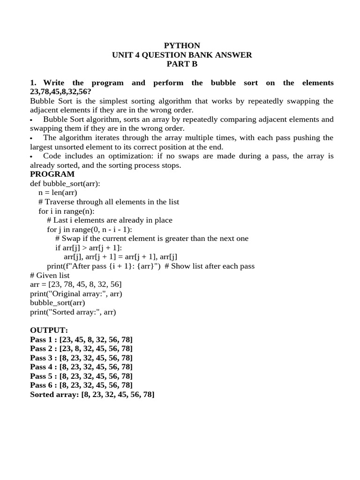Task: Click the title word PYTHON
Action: point(182,45)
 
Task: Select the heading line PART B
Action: point(182,64)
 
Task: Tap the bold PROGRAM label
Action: point(52,174)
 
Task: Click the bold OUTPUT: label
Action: point(49,330)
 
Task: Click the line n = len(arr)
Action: point(58,193)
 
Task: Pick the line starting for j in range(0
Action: point(90,229)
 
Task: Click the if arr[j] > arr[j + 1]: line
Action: point(89,247)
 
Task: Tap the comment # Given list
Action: point(50,275)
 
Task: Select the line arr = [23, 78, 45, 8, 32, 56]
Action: point(76,284)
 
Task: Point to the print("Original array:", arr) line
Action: point(76,293)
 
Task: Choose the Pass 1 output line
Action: point(81,339)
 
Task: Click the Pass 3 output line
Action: point(81,358)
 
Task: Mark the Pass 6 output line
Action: point(81,385)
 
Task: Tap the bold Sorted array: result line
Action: point(92,395)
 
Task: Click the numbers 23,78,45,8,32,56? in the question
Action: point(60,92)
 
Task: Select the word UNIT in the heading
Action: point(121,55)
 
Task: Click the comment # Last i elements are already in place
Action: point(110,220)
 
